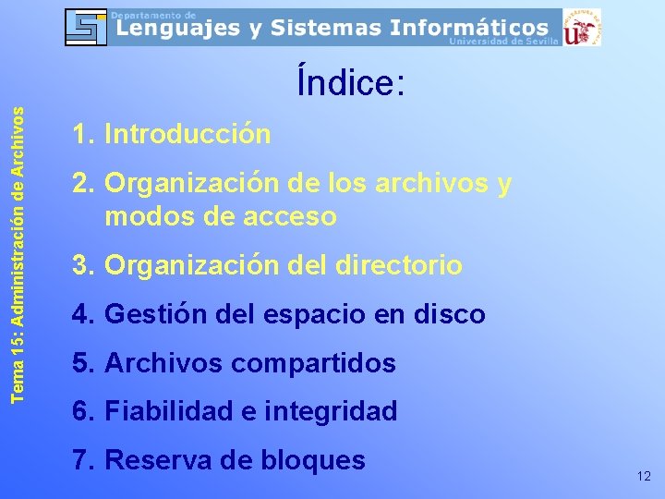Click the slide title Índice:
351,83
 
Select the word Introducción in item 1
188,135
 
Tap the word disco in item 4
451,314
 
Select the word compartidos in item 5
314,363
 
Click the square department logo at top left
86,27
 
